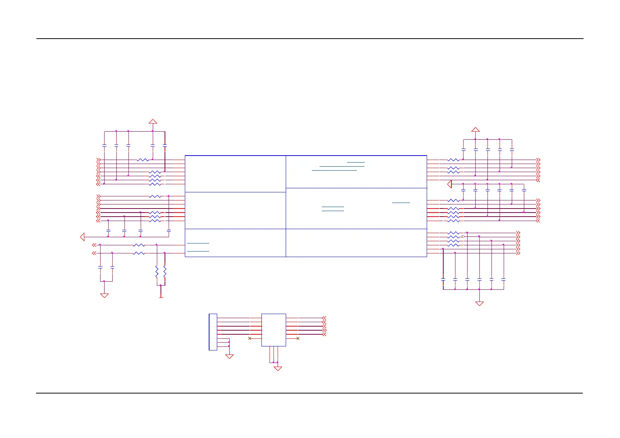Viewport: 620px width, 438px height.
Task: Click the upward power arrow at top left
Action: pos(153,121)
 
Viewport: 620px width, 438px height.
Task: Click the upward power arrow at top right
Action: pos(475,129)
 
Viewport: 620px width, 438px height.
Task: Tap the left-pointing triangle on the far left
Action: pos(82,237)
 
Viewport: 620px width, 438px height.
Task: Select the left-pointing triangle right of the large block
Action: pos(449,184)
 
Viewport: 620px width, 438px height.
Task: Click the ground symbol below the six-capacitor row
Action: pos(479,303)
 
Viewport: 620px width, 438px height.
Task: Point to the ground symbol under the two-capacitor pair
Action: pos(104,295)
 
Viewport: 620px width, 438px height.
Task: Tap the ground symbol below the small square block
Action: pos(278,368)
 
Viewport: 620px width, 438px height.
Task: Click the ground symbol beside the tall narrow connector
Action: pos(229,356)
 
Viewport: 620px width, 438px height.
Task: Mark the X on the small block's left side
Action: pos(250,338)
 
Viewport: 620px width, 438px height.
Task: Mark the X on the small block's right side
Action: pos(298,338)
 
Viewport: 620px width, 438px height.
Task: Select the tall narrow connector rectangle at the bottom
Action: pos(213,332)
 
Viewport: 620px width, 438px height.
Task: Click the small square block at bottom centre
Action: pos(274,330)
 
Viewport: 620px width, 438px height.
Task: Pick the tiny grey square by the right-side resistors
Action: pos(463,236)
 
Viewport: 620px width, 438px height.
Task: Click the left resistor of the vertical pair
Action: pos(157,272)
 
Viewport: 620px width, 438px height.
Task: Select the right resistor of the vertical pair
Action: pos(165,272)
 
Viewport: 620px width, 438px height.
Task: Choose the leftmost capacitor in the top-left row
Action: pos(104,146)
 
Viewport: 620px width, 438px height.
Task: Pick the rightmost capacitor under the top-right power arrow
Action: pos(512,150)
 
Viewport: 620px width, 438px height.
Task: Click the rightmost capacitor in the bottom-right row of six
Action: pos(503,280)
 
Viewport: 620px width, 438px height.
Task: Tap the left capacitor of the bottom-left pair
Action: pos(100,267)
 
